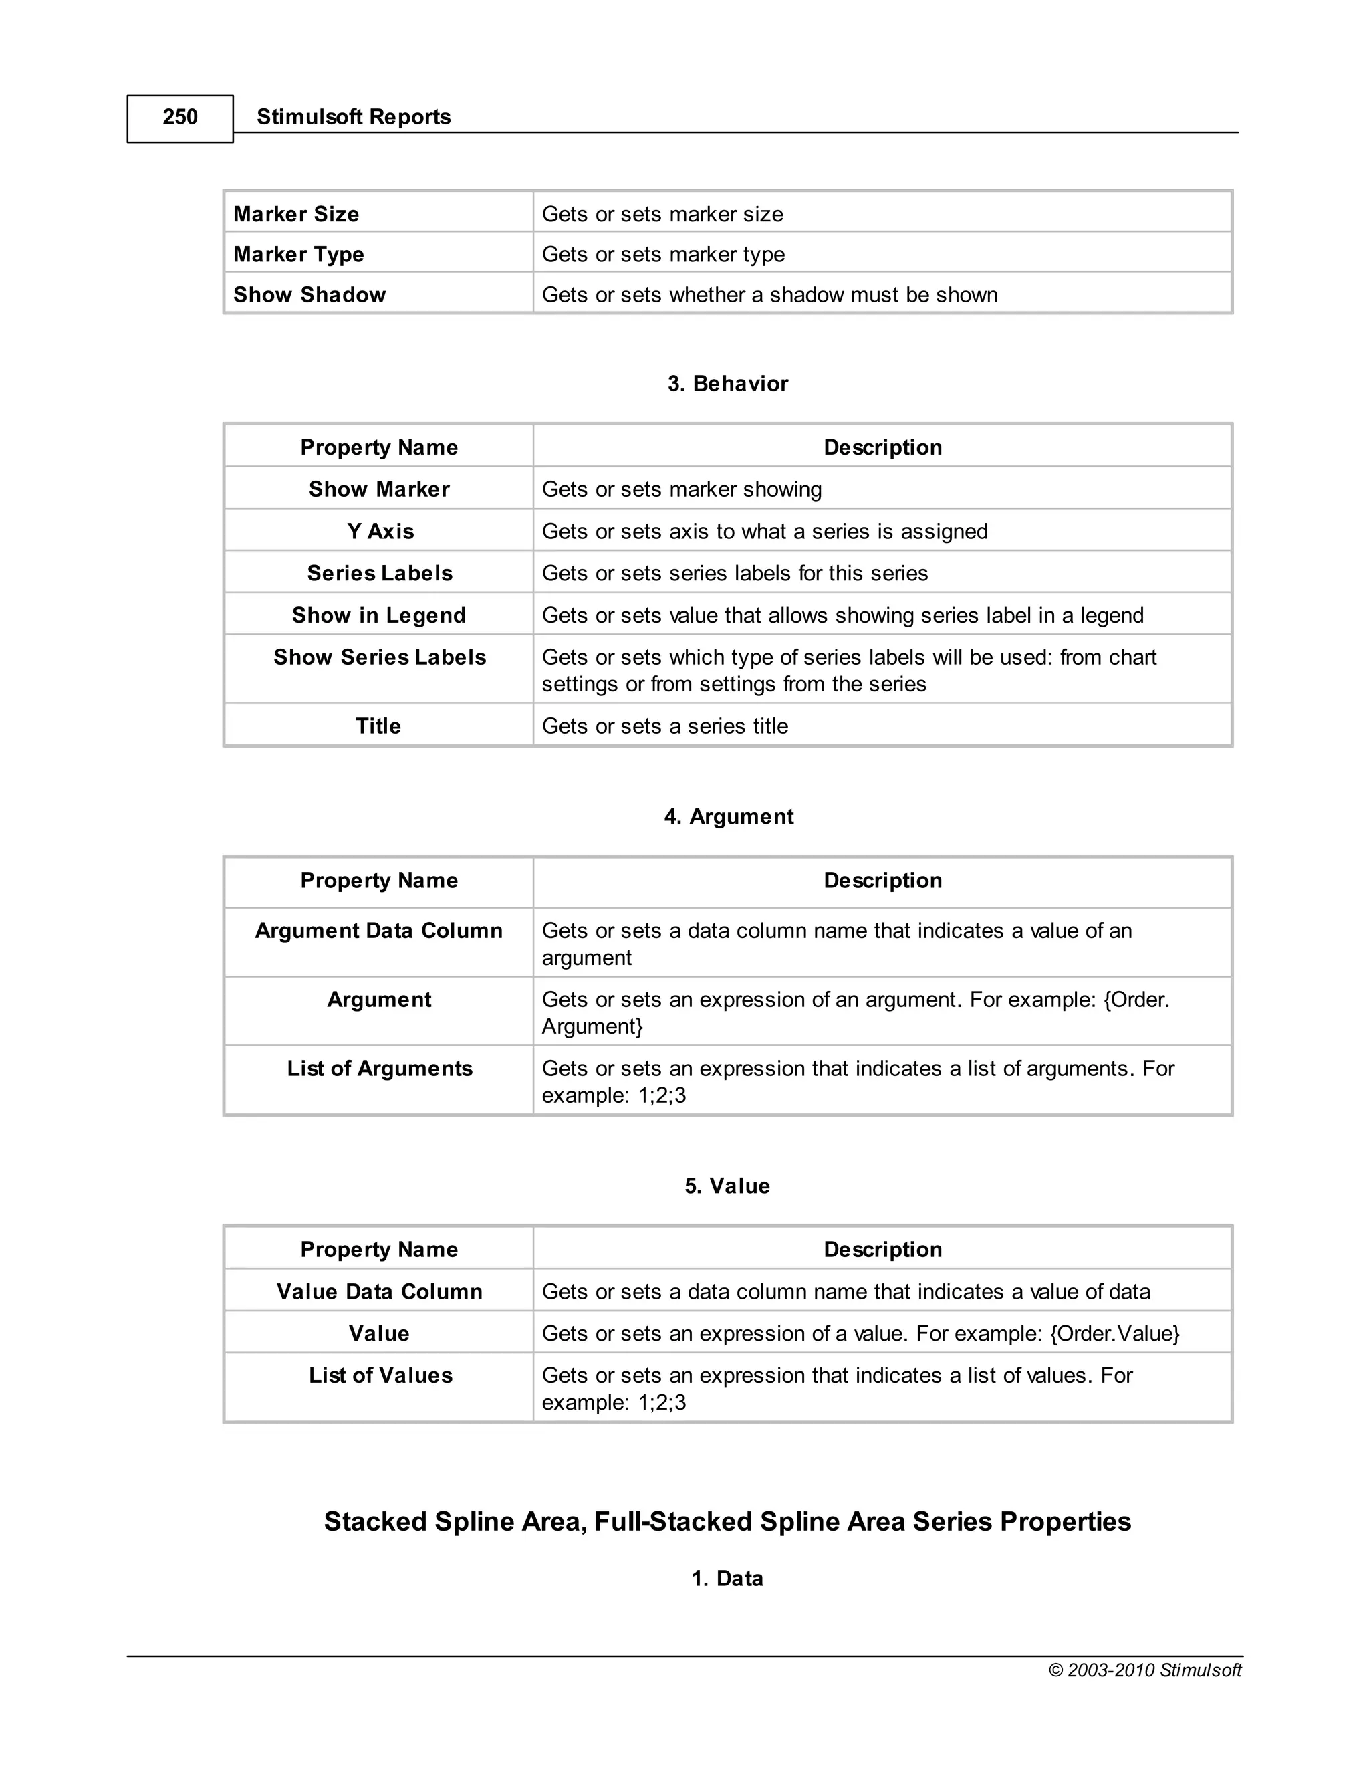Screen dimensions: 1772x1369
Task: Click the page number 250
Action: (x=180, y=118)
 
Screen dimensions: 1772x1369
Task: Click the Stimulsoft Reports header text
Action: (x=353, y=117)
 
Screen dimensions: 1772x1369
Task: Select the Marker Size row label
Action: (x=296, y=214)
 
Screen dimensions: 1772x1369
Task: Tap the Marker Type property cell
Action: (x=298, y=255)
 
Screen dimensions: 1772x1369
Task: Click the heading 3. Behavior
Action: (x=727, y=384)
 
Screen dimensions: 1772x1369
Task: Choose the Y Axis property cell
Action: (x=380, y=532)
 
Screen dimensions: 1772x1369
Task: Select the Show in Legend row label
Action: (x=379, y=615)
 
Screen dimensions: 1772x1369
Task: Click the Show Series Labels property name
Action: (x=380, y=657)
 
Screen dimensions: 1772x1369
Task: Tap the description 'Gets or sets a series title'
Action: (x=665, y=726)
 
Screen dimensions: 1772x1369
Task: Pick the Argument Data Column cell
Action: (x=379, y=931)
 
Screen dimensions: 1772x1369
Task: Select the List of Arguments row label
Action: (x=380, y=1069)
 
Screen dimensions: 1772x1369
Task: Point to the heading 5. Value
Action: (x=727, y=1186)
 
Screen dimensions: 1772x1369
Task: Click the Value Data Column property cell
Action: (x=379, y=1292)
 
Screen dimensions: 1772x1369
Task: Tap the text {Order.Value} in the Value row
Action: (x=1114, y=1334)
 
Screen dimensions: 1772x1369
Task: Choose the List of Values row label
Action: (x=380, y=1375)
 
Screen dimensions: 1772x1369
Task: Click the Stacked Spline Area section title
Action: (x=727, y=1521)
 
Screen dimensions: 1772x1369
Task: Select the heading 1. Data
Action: (x=727, y=1579)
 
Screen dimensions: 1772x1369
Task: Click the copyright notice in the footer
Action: (x=1144, y=1670)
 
